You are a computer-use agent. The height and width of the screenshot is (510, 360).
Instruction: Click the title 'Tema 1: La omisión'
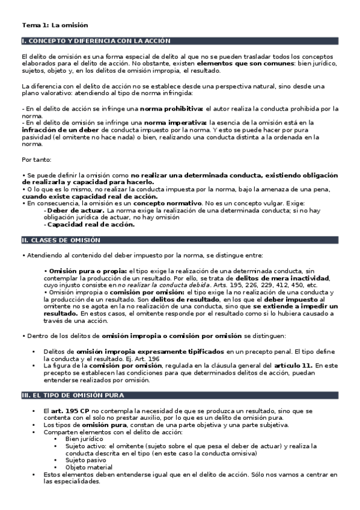point(55,25)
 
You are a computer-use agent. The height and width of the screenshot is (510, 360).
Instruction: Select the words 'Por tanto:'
point(35,160)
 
